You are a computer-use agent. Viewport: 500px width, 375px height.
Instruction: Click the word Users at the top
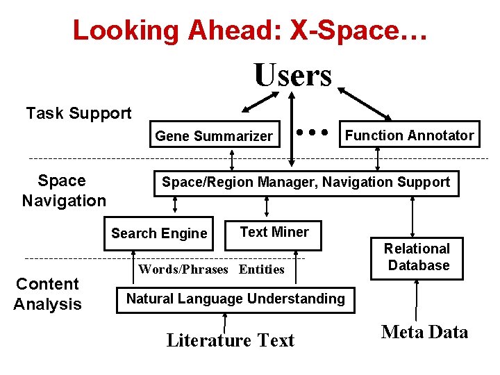click(x=292, y=75)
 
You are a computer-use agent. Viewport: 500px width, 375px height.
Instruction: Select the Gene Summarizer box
click(x=214, y=136)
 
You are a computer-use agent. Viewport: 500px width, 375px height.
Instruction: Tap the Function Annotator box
click(x=409, y=135)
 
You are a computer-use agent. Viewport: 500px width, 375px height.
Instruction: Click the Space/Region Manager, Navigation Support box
click(x=306, y=183)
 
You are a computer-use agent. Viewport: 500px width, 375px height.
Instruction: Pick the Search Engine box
click(x=159, y=233)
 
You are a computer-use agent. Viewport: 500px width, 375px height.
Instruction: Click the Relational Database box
click(x=417, y=257)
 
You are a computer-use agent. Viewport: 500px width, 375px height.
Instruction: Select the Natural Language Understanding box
click(x=235, y=299)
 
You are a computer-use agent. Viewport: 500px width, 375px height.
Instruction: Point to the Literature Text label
click(x=231, y=340)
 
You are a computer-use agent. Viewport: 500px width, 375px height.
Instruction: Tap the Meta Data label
click(x=424, y=332)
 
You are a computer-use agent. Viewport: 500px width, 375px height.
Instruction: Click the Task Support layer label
click(x=78, y=113)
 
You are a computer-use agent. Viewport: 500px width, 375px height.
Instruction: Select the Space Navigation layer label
click(x=63, y=191)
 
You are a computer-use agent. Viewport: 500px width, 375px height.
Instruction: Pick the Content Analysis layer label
click(x=47, y=294)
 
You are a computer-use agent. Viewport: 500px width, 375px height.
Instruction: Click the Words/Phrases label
click(x=183, y=269)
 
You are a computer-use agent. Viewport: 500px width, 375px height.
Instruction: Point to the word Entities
click(x=262, y=269)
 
